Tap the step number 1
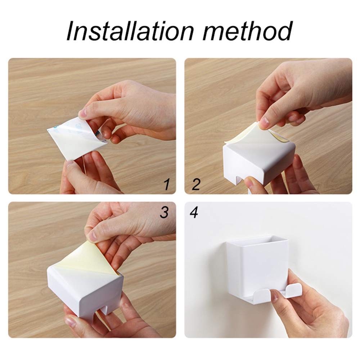coord(166,185)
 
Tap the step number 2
coord(195,185)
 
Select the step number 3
coord(164,213)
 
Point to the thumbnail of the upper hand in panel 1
coord(83,113)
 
